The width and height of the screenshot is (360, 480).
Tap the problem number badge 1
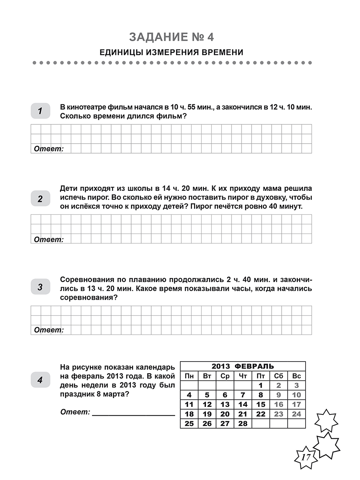(x=40, y=111)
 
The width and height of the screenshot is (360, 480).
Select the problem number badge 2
(x=40, y=199)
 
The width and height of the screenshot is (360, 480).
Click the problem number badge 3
(x=40, y=287)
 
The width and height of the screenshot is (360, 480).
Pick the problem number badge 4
(x=40, y=380)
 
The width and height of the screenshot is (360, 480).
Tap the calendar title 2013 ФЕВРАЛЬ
(x=243, y=366)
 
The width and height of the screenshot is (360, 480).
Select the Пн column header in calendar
(x=189, y=376)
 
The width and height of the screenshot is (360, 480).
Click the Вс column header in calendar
(x=296, y=376)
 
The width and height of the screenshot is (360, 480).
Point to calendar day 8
(x=260, y=395)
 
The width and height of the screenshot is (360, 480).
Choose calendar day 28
(x=243, y=424)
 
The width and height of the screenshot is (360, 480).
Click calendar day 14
(x=243, y=404)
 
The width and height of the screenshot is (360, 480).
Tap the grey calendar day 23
(x=278, y=414)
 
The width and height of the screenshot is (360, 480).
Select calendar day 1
(x=260, y=386)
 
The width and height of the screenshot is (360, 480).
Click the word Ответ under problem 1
(x=49, y=149)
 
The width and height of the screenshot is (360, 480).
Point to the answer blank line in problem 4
(x=133, y=415)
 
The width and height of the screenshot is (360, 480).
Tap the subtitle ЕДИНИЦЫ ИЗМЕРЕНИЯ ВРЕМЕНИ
(x=172, y=52)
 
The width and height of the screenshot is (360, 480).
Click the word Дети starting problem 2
(x=68, y=188)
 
